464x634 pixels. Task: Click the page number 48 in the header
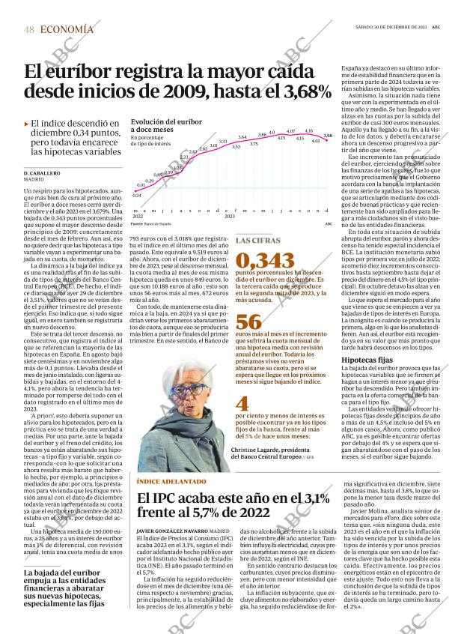click(x=29, y=28)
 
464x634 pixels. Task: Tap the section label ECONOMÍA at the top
click(x=67, y=28)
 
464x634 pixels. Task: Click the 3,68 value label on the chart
click(x=327, y=135)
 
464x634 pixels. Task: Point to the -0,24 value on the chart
click(x=136, y=195)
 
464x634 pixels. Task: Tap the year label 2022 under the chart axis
click(x=137, y=216)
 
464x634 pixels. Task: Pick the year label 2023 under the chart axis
click(x=230, y=216)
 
